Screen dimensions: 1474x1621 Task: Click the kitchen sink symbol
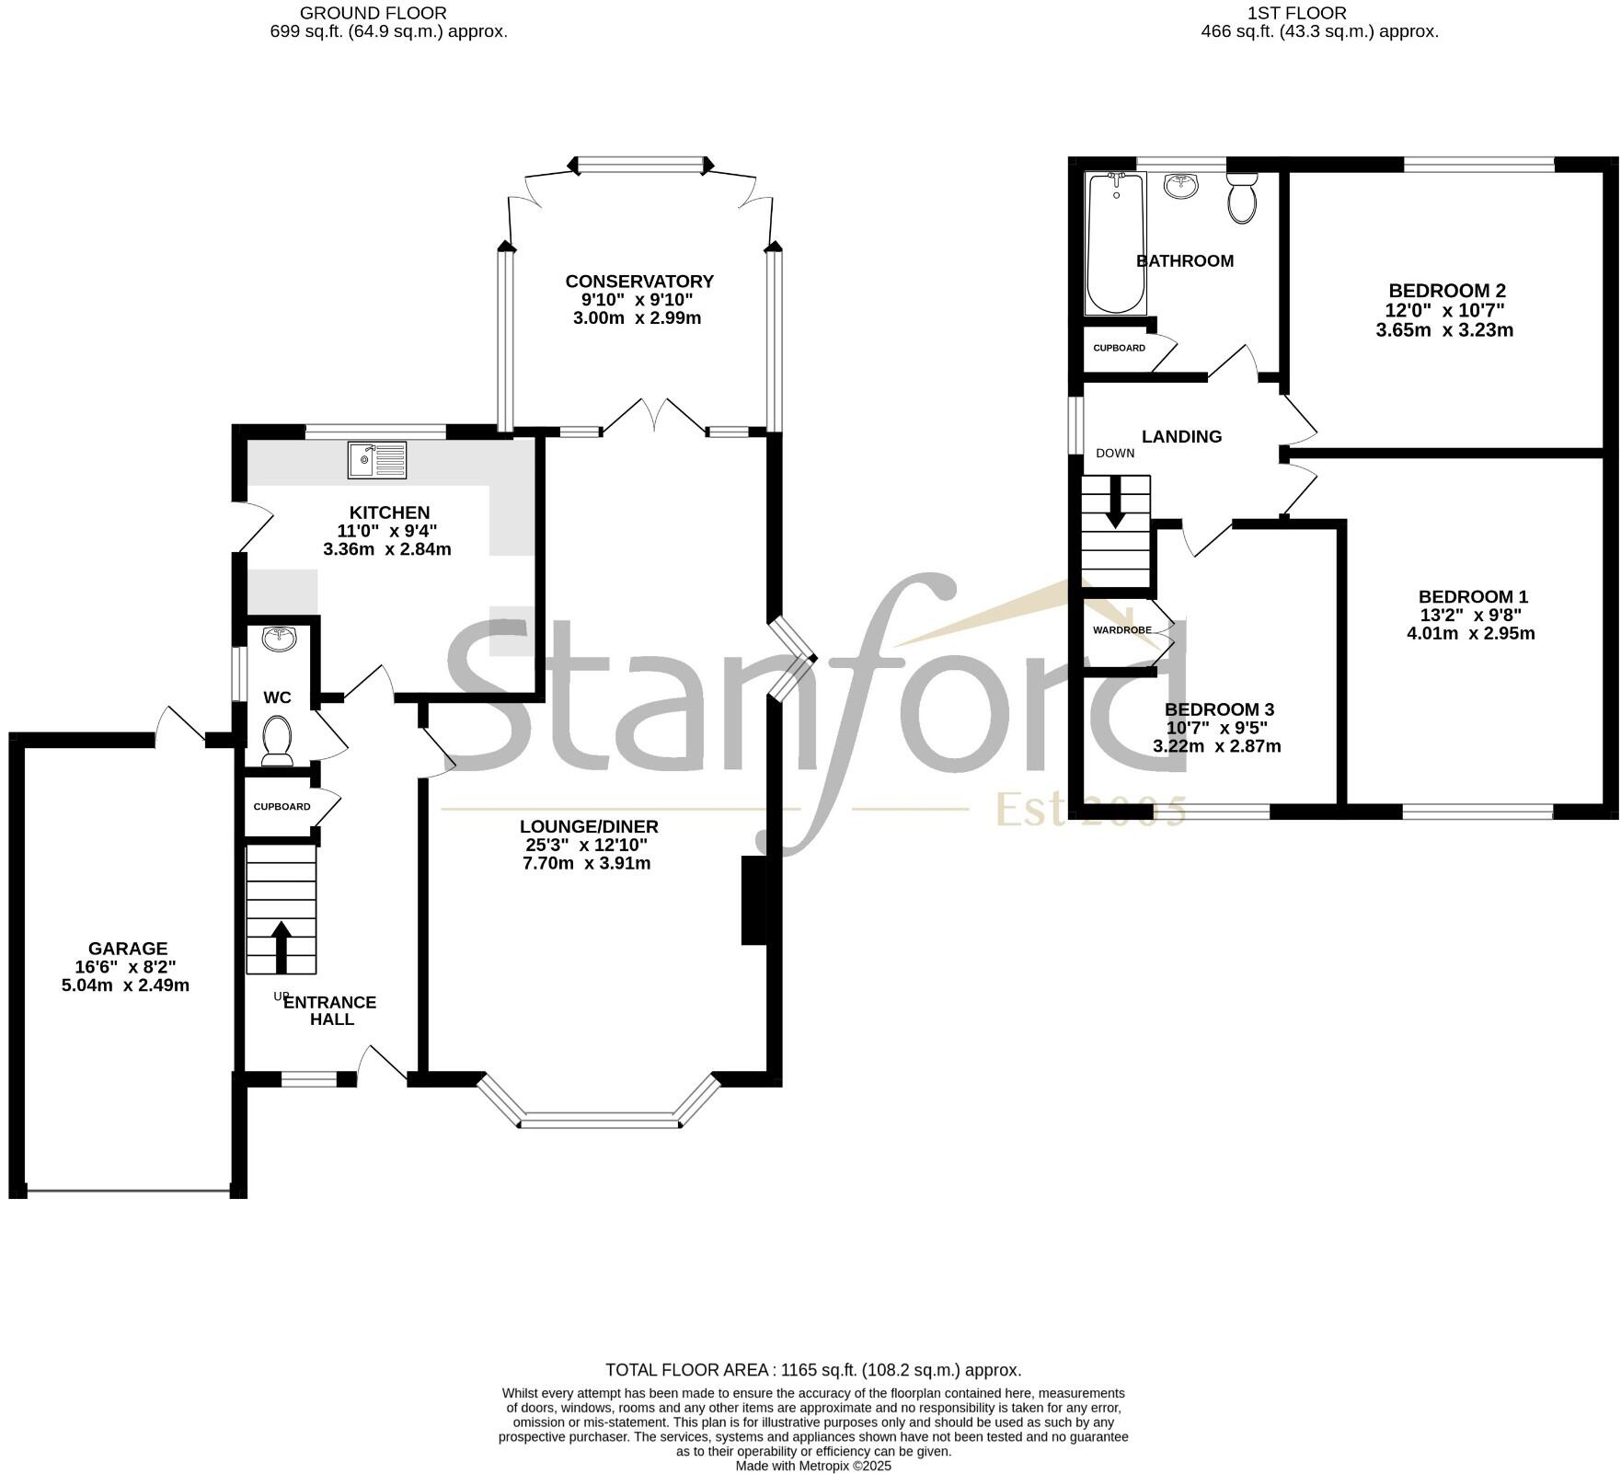(377, 460)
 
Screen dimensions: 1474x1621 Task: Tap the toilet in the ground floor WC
(277, 741)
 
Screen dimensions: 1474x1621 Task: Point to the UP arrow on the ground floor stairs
(282, 948)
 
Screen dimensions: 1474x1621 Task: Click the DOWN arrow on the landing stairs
(1115, 502)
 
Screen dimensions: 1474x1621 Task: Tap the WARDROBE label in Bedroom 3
(1121, 630)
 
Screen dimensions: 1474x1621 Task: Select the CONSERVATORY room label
(639, 282)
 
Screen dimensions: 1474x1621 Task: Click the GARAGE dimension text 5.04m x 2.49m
(125, 985)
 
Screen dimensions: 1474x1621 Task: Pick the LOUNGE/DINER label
(589, 827)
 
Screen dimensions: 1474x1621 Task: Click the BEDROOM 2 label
(1447, 292)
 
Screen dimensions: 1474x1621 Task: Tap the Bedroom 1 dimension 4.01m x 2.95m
(1471, 633)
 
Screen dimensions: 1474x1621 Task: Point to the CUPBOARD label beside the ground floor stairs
(282, 807)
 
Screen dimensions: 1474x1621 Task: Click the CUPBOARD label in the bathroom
(1119, 348)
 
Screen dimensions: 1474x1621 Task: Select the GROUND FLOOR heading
(374, 13)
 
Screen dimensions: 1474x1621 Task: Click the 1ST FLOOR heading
(1297, 13)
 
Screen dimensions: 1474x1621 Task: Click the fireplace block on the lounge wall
(753, 901)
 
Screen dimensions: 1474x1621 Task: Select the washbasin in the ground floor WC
(277, 638)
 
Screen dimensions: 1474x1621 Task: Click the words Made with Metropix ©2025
(813, 1466)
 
